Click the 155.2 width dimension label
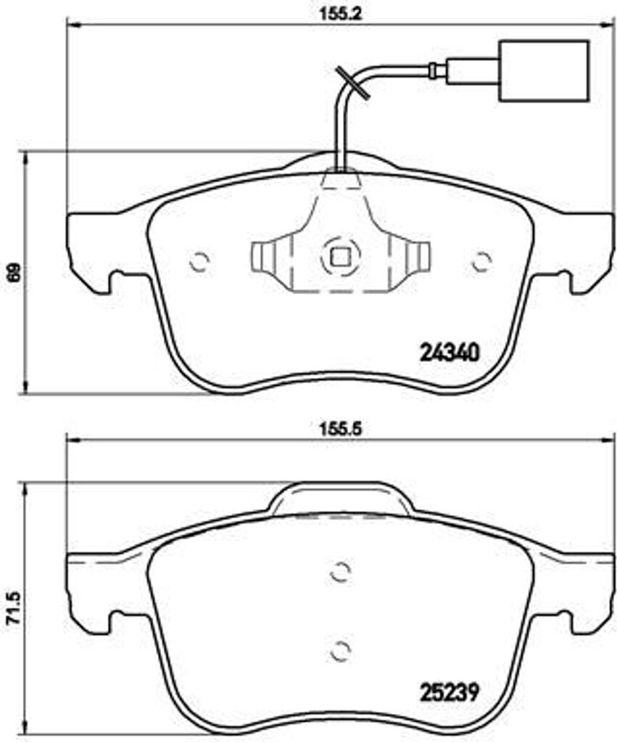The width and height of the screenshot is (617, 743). click(x=339, y=14)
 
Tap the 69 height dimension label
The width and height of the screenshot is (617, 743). click(x=14, y=272)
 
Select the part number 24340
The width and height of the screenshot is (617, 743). click(x=450, y=353)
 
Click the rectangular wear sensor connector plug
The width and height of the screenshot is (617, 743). click(x=544, y=70)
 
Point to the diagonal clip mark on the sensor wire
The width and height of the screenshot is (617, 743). click(x=352, y=83)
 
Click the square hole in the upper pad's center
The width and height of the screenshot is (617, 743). click(x=340, y=258)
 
